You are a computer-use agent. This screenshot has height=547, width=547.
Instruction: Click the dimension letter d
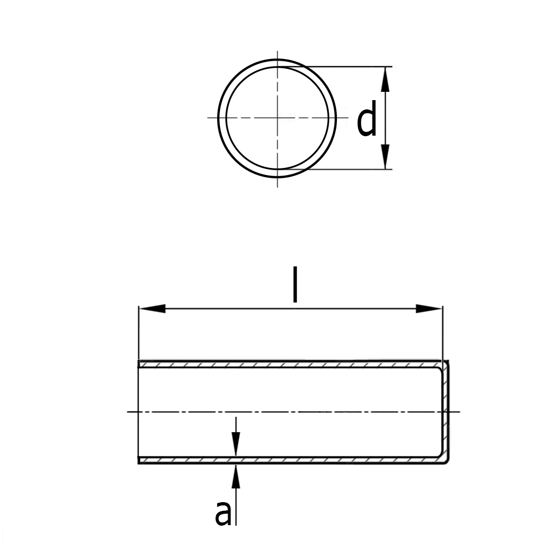(x=366, y=118)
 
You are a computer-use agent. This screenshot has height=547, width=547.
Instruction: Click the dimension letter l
(x=295, y=284)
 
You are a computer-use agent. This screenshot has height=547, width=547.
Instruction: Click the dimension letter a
(x=223, y=513)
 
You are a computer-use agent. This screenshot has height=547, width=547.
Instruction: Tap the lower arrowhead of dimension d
(x=385, y=156)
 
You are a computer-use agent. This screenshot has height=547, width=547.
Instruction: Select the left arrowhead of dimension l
(x=152, y=309)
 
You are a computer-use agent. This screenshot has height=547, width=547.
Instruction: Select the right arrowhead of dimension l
(x=429, y=309)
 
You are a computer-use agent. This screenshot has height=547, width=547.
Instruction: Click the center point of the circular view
(x=277, y=118)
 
